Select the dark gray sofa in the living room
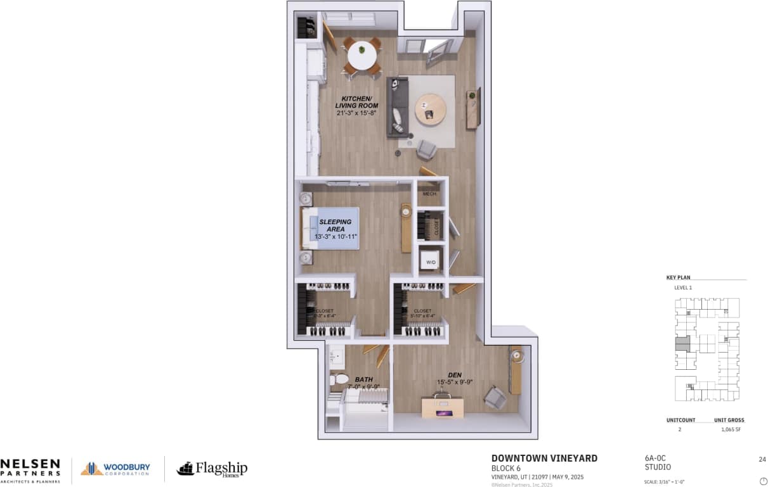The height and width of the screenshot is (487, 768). [398, 108]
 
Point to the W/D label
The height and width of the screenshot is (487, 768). [431, 262]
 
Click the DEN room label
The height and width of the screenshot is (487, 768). [454, 375]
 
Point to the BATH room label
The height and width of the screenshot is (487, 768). [363, 379]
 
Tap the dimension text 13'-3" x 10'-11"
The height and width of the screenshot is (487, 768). [336, 236]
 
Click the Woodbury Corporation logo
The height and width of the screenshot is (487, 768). [115, 469]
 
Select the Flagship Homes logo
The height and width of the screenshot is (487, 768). [212, 469]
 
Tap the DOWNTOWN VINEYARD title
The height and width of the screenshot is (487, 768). [544, 459]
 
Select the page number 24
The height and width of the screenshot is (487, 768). [762, 459]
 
